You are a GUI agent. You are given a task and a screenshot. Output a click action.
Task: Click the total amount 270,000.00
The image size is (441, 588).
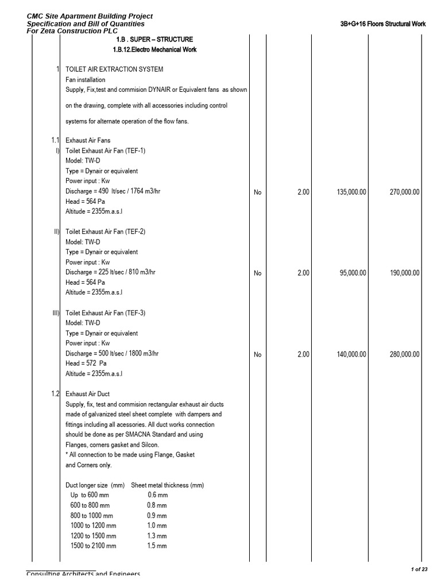click(x=404, y=192)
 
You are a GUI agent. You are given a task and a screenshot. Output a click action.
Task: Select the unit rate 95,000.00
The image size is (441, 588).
click(x=351, y=273)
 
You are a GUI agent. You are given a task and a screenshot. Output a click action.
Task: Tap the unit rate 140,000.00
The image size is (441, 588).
click(x=350, y=354)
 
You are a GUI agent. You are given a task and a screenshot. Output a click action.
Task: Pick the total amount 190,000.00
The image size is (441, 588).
click(x=404, y=273)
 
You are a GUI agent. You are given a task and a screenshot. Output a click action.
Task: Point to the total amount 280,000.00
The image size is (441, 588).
click(x=404, y=354)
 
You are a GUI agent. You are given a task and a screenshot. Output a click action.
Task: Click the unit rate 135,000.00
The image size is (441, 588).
click(x=350, y=192)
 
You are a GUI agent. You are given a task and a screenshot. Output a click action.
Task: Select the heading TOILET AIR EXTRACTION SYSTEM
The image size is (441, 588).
click(x=114, y=69)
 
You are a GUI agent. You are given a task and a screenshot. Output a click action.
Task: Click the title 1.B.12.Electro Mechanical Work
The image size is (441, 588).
click(x=154, y=50)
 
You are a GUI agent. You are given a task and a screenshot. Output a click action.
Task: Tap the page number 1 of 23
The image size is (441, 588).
click(x=419, y=569)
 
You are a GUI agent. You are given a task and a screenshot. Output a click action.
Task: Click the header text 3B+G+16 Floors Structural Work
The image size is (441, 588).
click(x=383, y=24)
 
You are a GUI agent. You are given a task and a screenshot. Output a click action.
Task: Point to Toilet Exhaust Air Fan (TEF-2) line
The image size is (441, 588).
click(x=106, y=231)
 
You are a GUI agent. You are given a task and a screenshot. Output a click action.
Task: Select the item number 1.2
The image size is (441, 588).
click(x=55, y=394)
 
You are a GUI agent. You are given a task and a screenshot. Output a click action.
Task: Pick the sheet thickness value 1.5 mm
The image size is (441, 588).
click(x=157, y=546)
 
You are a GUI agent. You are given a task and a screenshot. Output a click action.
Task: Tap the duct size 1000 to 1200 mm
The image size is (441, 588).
click(x=93, y=525)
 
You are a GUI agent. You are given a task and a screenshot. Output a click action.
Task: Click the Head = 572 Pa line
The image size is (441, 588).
click(x=86, y=363)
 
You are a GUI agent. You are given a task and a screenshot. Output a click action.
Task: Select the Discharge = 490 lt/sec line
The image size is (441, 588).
click(x=113, y=191)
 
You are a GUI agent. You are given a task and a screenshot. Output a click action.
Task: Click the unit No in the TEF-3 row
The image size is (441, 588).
click(x=257, y=355)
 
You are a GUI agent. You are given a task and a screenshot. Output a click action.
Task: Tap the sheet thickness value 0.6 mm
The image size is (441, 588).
click(x=157, y=495)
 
